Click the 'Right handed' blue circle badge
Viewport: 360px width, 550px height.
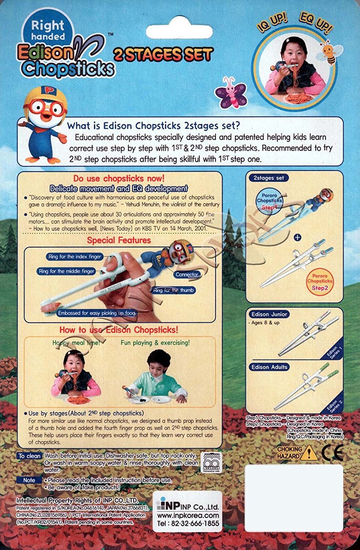(48, 30)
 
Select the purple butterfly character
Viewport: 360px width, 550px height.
(230, 93)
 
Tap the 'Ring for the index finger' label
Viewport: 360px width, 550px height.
(74, 257)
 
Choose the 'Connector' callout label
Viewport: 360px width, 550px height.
(187, 274)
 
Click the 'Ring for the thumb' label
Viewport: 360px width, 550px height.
(173, 290)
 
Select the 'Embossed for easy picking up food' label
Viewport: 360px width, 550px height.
(96, 313)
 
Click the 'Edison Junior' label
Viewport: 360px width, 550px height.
(269, 314)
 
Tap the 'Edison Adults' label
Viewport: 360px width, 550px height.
(269, 367)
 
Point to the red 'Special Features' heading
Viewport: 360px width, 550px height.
(119, 240)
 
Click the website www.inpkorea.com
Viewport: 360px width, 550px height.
(188, 515)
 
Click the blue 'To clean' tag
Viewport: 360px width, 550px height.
(30, 456)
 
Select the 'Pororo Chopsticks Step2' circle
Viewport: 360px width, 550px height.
(320, 281)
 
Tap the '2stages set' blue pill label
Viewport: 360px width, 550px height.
(269, 178)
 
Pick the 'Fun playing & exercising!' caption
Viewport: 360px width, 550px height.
(155, 343)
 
